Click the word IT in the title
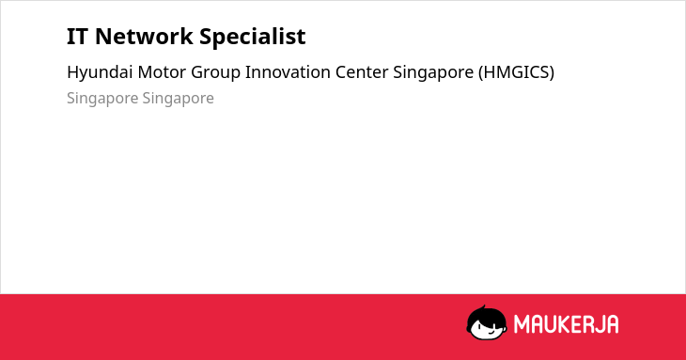click(78, 37)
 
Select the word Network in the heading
click(144, 37)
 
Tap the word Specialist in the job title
click(253, 38)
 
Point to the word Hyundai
click(100, 72)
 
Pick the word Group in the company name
click(216, 73)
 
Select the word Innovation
click(288, 72)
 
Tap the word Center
click(362, 72)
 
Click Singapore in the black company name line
click(433, 73)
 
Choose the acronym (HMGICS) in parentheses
click(516, 72)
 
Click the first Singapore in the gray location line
click(102, 99)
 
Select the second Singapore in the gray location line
click(178, 99)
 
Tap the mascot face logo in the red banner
click(487, 323)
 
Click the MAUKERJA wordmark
click(566, 324)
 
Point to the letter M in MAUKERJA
click(521, 324)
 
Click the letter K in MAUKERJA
click(562, 324)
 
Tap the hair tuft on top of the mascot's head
click(484, 307)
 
